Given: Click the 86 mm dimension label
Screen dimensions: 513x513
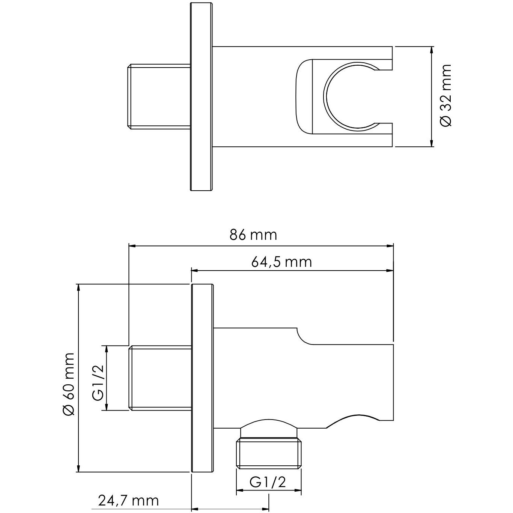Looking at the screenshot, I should click(253, 235).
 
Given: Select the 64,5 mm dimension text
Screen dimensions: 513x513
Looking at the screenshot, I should click(281, 262).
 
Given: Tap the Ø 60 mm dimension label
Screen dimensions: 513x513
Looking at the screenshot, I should click(69, 384).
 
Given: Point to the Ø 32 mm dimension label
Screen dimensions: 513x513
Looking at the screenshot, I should click(446, 96).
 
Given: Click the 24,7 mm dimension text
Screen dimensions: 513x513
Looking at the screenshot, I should click(128, 500).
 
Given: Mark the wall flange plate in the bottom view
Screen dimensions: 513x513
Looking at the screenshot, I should click(203, 378).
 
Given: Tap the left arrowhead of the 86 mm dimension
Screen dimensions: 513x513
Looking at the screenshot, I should click(132, 246).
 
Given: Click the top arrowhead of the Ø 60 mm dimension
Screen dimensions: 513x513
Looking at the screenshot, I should click(78, 287).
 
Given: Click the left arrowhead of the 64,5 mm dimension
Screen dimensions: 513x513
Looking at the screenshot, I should click(194, 270).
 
